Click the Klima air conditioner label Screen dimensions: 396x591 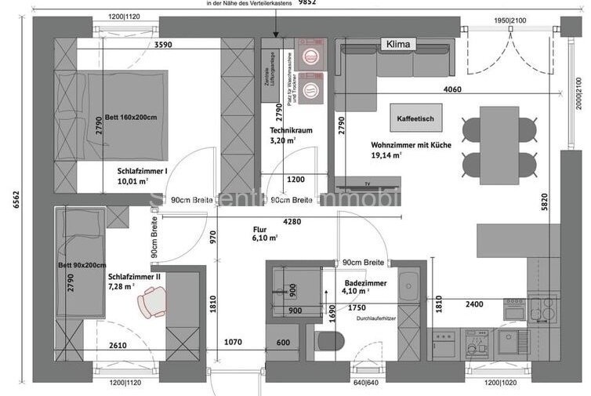pyautogui.click(x=398, y=45)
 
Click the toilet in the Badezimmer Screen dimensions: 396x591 pyautogui.click(x=329, y=342)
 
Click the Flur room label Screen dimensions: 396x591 pyautogui.click(x=260, y=231)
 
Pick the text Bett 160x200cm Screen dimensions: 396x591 pyautogui.click(x=131, y=118)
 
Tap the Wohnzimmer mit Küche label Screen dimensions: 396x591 pyautogui.click(x=411, y=145)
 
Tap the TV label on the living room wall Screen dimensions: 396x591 pyautogui.click(x=366, y=183)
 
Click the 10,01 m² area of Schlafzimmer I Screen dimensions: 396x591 pyautogui.click(x=132, y=181)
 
